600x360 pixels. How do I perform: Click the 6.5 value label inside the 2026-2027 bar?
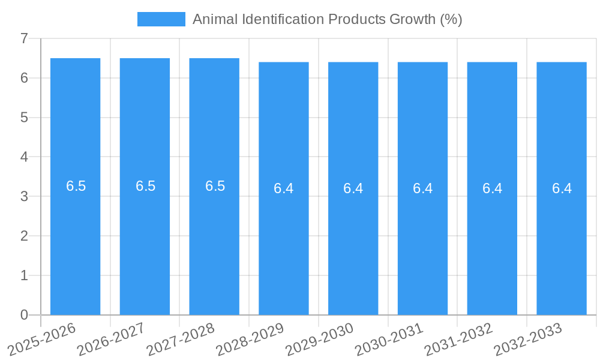coord(145,186)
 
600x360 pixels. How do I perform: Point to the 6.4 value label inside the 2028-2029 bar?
coord(284,188)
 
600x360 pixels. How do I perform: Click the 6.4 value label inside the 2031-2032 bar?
coord(492,188)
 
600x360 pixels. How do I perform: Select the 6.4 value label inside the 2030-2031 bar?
coord(422,188)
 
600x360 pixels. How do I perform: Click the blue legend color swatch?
coord(161,19)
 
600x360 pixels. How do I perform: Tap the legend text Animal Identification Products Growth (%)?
coord(327,19)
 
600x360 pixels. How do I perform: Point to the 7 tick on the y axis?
coord(24,38)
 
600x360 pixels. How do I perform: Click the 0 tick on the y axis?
coord(24,315)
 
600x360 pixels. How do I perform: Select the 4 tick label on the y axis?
coord(24,157)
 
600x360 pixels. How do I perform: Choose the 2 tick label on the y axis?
coord(24,236)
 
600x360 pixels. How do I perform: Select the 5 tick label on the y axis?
coord(24,118)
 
